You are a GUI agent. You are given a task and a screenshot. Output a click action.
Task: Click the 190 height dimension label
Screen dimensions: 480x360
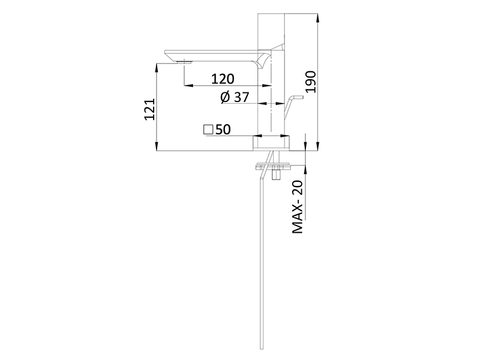[x=310, y=82]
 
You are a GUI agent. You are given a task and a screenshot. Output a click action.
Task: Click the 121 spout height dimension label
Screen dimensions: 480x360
[x=149, y=109]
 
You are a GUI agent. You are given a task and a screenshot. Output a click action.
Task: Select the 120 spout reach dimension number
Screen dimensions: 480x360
[x=223, y=79]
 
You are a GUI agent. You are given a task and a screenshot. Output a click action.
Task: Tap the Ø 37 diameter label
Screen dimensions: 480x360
[x=235, y=97]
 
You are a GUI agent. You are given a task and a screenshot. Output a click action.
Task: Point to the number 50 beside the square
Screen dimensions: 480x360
[x=223, y=130]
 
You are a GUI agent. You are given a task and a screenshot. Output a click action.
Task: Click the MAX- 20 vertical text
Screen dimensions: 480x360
[x=298, y=206]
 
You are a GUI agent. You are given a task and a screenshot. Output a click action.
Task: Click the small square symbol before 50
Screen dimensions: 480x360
[x=208, y=129]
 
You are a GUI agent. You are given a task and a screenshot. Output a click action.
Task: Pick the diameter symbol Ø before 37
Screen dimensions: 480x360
[x=225, y=97]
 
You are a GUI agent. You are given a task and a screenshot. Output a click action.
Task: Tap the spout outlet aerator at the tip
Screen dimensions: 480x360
[x=184, y=62]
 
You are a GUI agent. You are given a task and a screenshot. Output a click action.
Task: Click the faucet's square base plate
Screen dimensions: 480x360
[x=271, y=143]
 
